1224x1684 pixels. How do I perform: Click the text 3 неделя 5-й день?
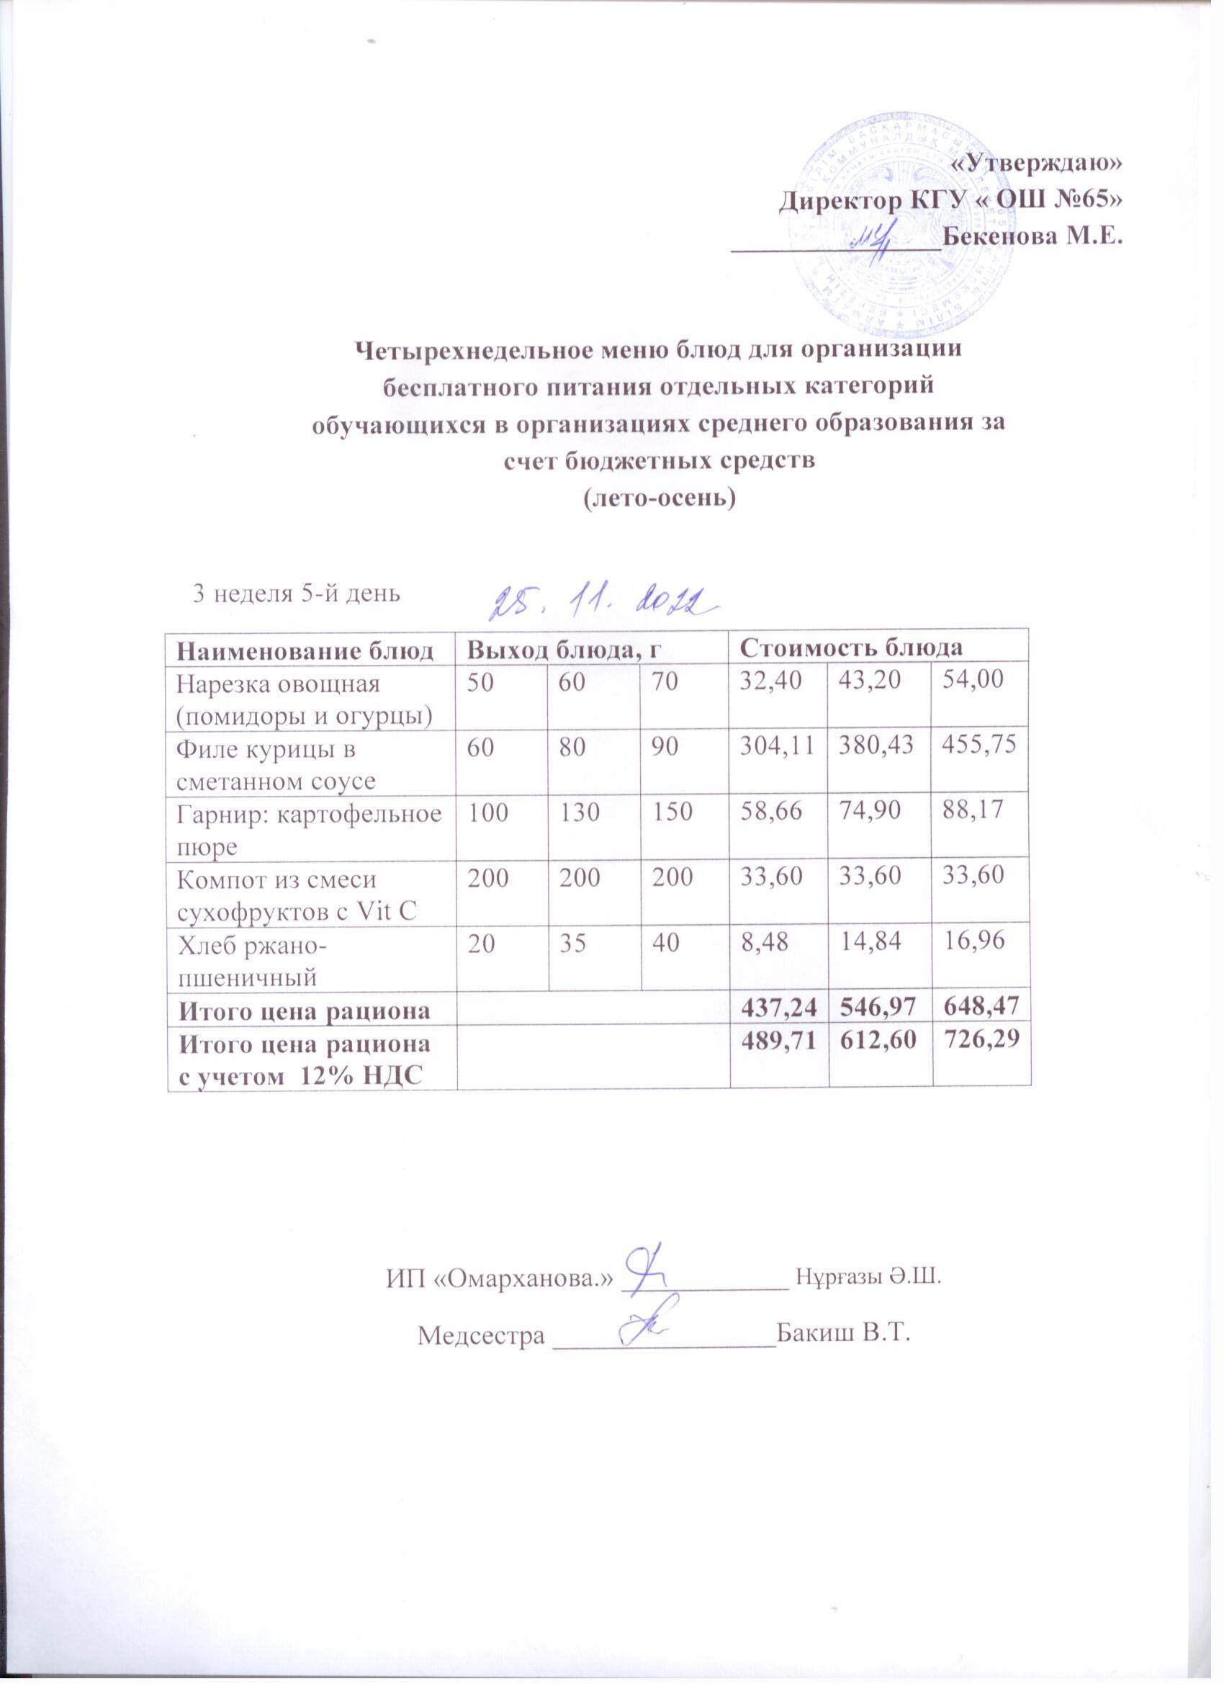point(296,594)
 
